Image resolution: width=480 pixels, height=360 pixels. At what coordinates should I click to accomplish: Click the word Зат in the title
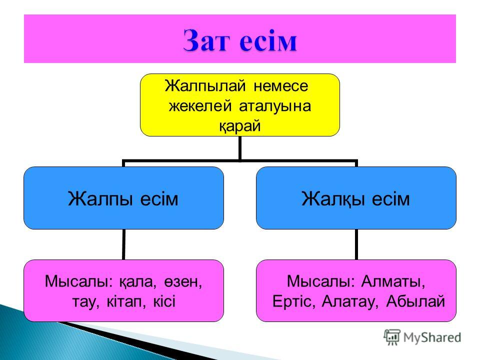206,40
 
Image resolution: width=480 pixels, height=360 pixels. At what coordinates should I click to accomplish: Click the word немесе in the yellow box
280,86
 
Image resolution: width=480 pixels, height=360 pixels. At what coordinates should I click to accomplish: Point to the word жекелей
200,106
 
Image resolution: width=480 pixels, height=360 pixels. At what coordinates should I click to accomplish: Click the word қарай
239,126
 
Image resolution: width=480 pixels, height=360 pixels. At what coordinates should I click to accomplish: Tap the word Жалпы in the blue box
100,199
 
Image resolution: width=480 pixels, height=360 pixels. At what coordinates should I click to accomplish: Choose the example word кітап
126,301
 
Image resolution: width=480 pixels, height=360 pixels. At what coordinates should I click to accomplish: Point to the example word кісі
164,301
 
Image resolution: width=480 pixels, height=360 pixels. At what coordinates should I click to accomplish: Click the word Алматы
393,281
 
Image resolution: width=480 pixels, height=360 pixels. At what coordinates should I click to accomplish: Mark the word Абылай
415,301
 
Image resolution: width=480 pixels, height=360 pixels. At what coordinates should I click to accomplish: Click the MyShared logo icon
392,337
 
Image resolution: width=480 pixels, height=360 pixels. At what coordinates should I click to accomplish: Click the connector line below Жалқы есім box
356,244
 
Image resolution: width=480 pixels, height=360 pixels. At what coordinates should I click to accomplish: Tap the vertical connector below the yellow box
239,148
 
